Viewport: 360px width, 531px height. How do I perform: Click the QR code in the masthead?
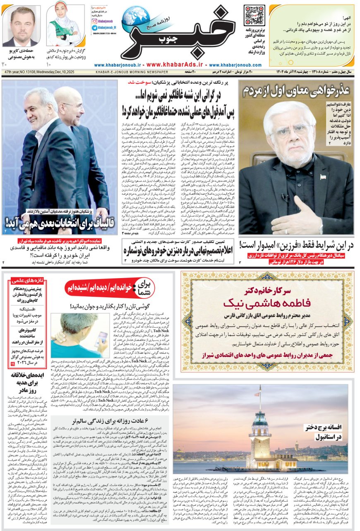pos(254,15)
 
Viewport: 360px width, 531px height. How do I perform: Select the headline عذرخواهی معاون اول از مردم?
pos(296,90)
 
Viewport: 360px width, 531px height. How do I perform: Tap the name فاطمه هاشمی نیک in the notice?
pos(267,303)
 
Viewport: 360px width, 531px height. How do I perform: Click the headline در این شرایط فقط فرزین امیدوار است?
pos(296,245)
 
